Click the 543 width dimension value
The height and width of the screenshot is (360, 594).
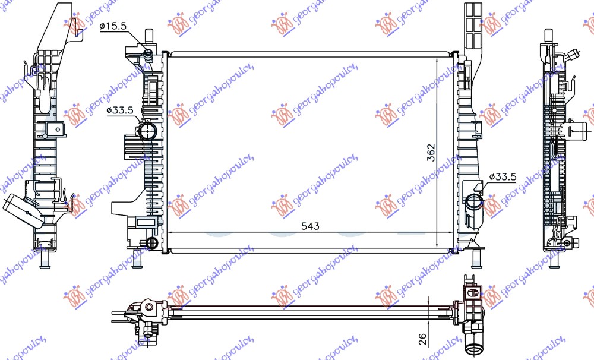[x=310, y=226]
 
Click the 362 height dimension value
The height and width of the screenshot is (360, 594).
[x=431, y=153]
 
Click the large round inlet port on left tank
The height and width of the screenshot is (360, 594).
[x=146, y=130]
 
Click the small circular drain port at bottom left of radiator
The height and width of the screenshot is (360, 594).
[x=151, y=242]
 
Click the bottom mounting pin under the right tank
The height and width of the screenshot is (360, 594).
[x=475, y=259]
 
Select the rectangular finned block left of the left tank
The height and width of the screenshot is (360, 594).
[x=134, y=146]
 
